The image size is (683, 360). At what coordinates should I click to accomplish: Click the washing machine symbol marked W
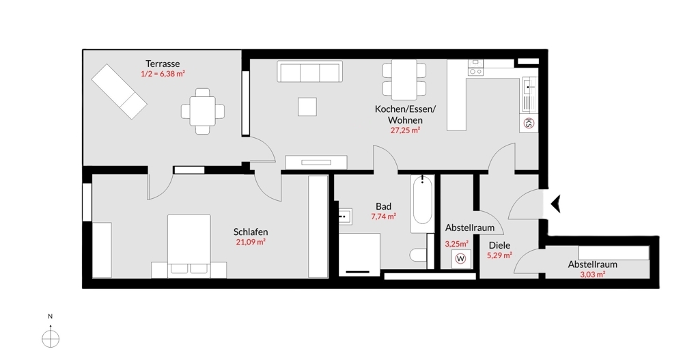(460, 258)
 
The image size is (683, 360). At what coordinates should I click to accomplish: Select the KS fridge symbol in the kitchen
(529, 123)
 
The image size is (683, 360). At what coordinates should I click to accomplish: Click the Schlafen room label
(251, 232)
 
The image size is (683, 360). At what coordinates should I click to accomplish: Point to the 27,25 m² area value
(405, 130)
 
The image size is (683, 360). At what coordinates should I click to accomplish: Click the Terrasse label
(163, 64)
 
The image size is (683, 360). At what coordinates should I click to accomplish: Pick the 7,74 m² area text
(383, 216)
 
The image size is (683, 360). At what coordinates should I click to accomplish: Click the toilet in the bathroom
(418, 255)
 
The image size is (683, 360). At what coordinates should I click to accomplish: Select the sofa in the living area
(309, 72)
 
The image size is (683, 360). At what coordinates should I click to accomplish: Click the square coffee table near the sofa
(307, 107)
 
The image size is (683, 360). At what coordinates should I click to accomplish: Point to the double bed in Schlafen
(189, 245)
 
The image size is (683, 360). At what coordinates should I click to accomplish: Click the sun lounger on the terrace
(119, 92)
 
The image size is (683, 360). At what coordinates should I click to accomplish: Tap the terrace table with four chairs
(203, 111)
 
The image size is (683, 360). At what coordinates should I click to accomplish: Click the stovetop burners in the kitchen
(475, 68)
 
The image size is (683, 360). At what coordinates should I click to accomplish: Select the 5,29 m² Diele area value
(499, 255)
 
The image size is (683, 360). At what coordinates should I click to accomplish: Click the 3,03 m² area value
(592, 275)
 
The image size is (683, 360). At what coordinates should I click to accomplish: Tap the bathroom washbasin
(345, 216)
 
